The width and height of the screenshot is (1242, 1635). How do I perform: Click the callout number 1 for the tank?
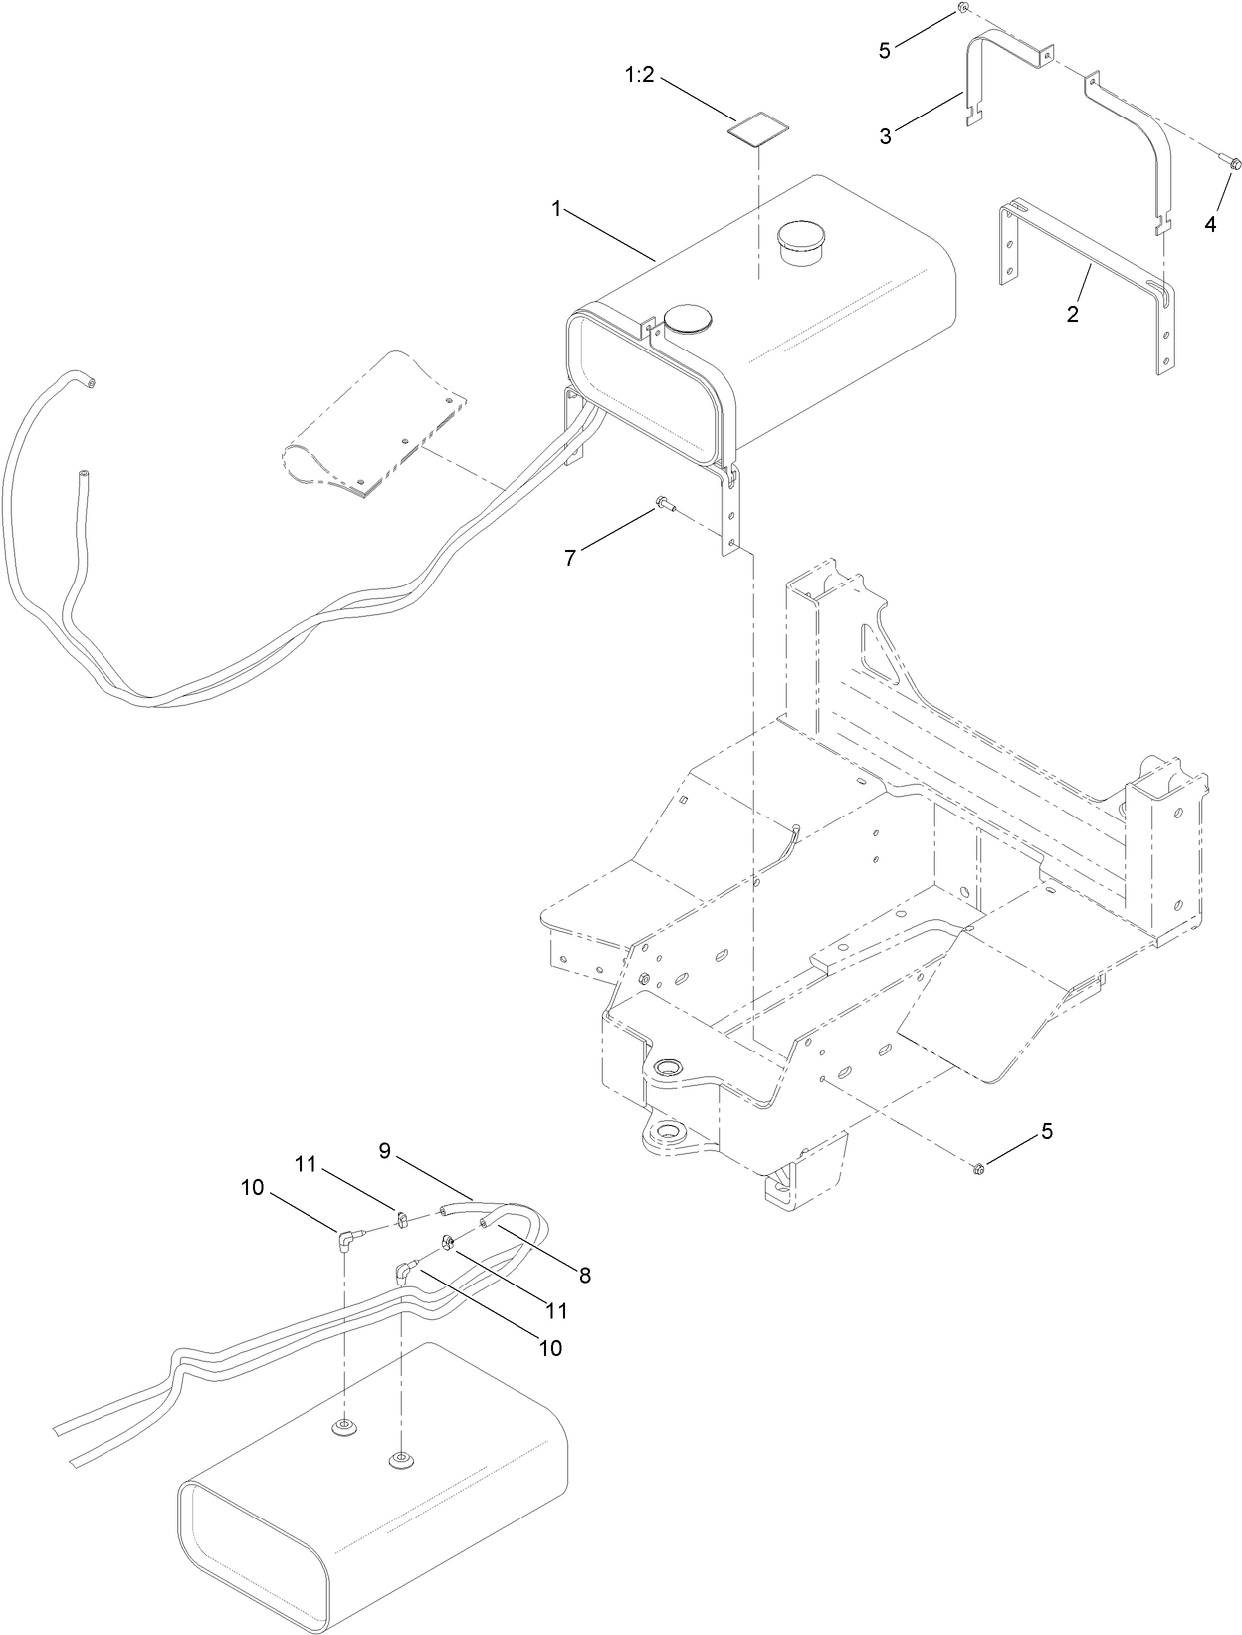[558, 209]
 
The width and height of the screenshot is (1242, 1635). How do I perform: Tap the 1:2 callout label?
[639, 75]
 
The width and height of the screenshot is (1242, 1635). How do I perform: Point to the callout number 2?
[1072, 314]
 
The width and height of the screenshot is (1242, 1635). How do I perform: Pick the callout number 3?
[885, 136]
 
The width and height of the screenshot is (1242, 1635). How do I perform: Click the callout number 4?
[1210, 225]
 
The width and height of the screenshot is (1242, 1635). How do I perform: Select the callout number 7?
[570, 559]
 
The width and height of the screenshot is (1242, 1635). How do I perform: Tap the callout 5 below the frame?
[1046, 1131]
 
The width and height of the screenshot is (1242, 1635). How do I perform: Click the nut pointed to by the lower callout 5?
[977, 1168]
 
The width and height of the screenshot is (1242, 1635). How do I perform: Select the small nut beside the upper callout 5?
[963, 8]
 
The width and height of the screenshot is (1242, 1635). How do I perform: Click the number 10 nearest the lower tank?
[549, 1348]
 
